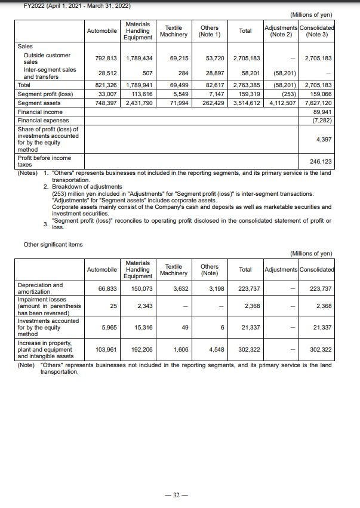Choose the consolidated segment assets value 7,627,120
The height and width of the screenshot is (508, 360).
tap(318, 103)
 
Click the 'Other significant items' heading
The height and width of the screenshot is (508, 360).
tap(53, 244)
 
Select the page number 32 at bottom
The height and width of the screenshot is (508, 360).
tap(180, 495)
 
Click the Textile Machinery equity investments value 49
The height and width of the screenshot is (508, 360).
tap(184, 327)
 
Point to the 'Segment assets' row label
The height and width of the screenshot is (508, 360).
tap(37, 103)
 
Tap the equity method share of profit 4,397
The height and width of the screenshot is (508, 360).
tap(324, 140)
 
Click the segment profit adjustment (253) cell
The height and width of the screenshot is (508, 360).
tap(288, 94)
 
